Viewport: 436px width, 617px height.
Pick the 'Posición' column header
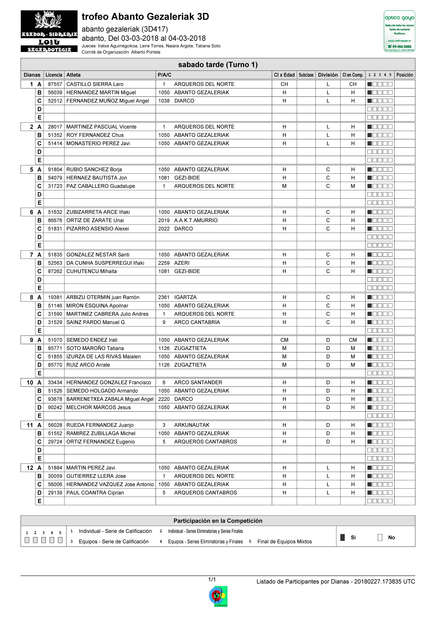(x=405, y=75)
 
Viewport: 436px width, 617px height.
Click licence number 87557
(x=55, y=84)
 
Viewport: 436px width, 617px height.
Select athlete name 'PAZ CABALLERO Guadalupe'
(x=101, y=186)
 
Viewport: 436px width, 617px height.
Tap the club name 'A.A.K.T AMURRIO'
(x=196, y=220)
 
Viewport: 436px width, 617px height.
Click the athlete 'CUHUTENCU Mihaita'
(x=92, y=271)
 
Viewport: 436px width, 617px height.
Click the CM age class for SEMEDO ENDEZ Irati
(x=284, y=340)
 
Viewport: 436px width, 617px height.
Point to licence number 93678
(x=55, y=399)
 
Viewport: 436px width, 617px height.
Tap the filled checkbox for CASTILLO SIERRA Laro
(x=370, y=84)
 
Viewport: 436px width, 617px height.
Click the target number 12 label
(x=30, y=468)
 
